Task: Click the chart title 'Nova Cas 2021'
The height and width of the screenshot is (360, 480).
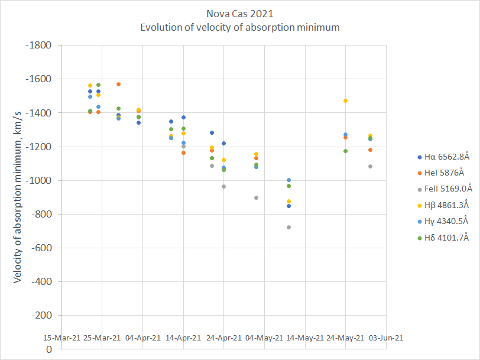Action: pyautogui.click(x=239, y=14)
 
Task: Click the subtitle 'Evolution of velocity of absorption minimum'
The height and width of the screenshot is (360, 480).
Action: pyautogui.click(x=239, y=27)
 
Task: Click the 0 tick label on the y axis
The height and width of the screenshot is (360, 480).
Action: pyautogui.click(x=49, y=349)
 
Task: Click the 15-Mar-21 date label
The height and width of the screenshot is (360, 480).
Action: pyautogui.click(x=61, y=338)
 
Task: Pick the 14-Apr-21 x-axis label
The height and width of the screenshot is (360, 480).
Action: pyautogui.click(x=183, y=338)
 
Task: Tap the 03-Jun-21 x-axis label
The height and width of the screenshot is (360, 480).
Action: pyautogui.click(x=385, y=338)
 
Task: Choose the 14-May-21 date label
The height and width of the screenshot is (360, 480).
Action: pyautogui.click(x=305, y=338)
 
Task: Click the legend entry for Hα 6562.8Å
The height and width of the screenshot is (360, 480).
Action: pyautogui.click(x=443, y=157)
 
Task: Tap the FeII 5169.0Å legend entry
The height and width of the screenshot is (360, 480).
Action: pyautogui.click(x=444, y=189)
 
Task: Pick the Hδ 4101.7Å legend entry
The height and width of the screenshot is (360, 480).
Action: pyautogui.click(x=443, y=238)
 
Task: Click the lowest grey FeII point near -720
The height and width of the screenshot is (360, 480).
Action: pyautogui.click(x=288, y=228)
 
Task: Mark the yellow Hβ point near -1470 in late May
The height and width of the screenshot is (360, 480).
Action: pyautogui.click(x=345, y=101)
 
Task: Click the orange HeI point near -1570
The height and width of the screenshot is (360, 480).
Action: pyautogui.click(x=119, y=85)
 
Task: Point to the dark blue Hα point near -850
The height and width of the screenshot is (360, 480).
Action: pyautogui.click(x=288, y=206)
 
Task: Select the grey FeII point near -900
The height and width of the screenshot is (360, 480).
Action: pyautogui.click(x=256, y=197)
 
